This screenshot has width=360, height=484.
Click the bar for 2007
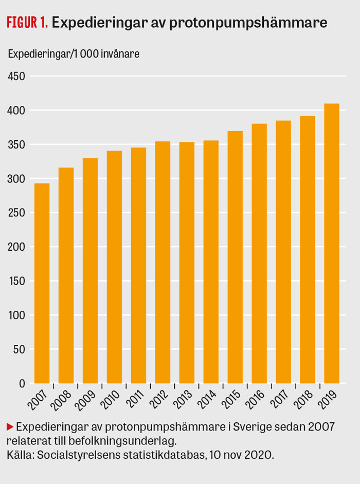point(42,283)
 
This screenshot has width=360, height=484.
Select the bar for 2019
point(332,244)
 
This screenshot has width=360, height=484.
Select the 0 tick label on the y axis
point(22,383)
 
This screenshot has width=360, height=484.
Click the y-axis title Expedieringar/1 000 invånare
point(73,53)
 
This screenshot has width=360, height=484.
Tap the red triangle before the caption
point(9,426)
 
